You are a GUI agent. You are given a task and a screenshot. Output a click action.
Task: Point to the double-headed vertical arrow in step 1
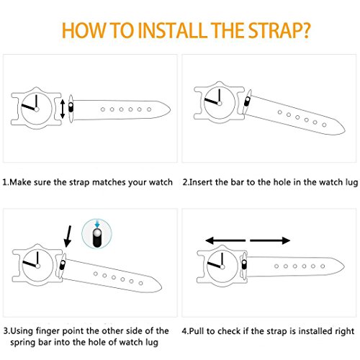pyautogui.click(x=63, y=109)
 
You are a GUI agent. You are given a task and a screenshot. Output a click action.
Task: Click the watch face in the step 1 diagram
pyautogui.click(x=36, y=109)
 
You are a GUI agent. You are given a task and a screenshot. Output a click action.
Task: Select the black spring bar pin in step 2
pyautogui.click(x=247, y=102)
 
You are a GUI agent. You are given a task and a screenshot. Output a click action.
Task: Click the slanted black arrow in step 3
pyautogui.click(x=68, y=236)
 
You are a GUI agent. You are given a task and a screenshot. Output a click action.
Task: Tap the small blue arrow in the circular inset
pyautogui.click(x=97, y=224)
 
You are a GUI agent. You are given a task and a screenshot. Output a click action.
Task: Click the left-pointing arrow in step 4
pyautogui.click(x=225, y=240)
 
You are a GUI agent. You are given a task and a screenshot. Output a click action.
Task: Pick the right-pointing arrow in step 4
pyautogui.click(x=270, y=240)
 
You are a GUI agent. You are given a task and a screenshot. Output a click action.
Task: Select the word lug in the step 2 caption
pyautogui.click(x=352, y=183)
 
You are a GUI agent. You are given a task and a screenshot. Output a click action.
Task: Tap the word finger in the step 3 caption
pyautogui.click(x=48, y=331)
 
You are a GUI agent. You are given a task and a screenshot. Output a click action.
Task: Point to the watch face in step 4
pyautogui.click(x=222, y=266)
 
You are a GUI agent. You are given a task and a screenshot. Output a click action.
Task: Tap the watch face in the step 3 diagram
pyautogui.click(x=37, y=266)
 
